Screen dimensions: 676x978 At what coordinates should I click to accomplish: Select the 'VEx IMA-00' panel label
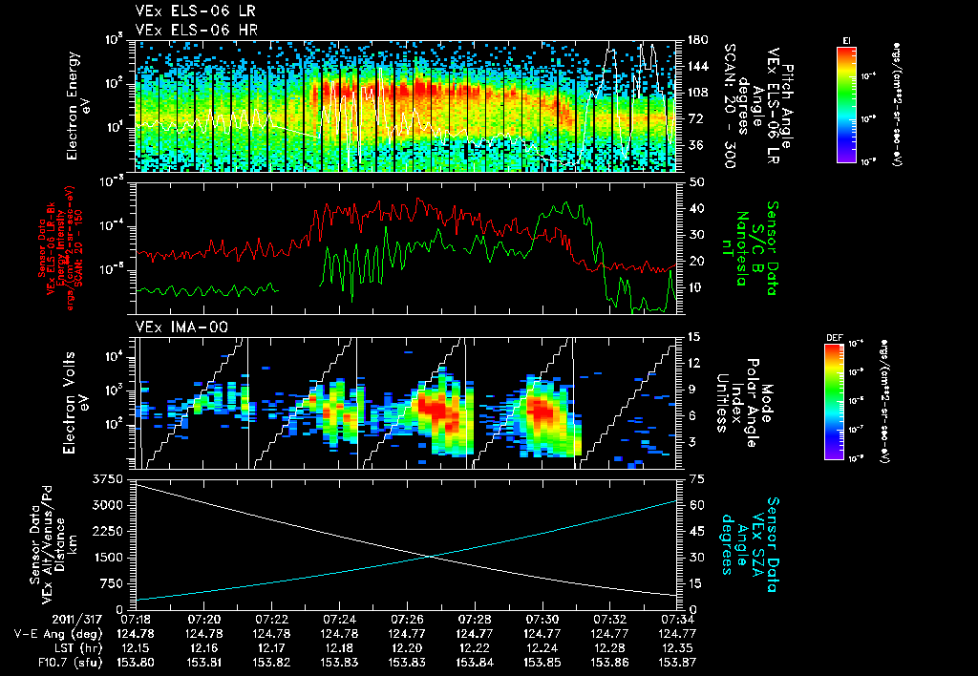point(173,327)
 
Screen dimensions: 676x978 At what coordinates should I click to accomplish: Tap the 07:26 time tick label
point(408,619)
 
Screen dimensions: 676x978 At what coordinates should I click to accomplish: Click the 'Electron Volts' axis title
point(74,403)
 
